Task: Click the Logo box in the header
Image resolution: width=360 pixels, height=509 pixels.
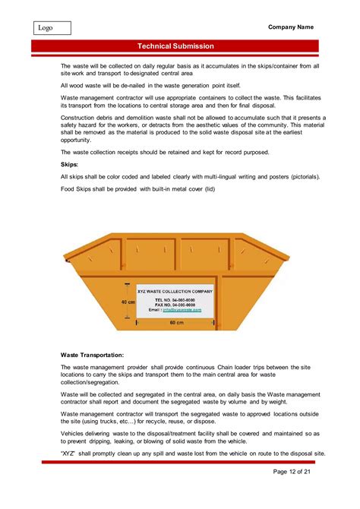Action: (x=52, y=28)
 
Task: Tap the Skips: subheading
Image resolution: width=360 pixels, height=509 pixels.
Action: (x=69, y=164)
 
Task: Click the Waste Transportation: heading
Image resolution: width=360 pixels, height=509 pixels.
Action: (x=93, y=355)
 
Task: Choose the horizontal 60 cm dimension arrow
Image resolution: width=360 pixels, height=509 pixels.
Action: (x=175, y=318)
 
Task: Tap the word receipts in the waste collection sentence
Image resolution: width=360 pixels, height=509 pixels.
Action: (x=130, y=152)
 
